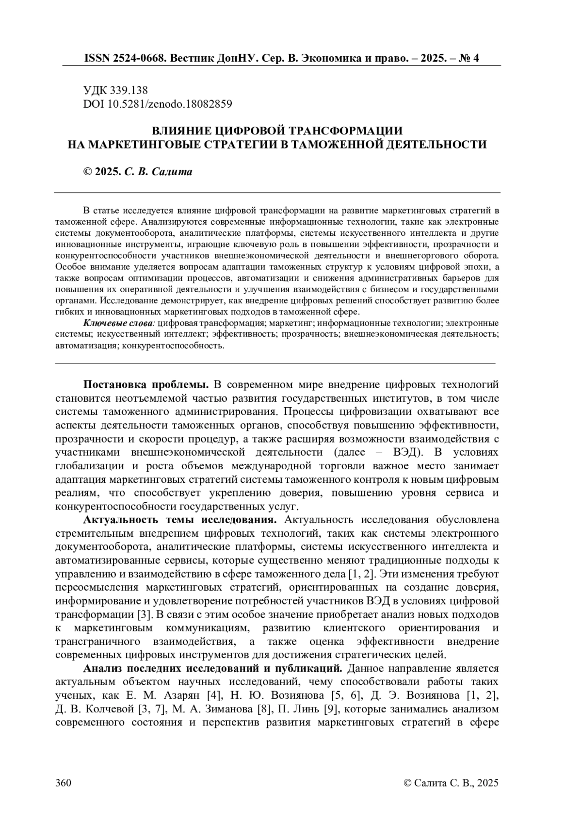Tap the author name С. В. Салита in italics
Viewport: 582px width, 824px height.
[158, 172]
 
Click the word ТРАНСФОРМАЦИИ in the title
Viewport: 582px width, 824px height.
[346, 131]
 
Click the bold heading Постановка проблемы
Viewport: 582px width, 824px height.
[146, 385]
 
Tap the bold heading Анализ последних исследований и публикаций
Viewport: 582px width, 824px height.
[213, 669]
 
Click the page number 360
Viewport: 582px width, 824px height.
[64, 783]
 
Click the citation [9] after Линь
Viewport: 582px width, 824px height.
[331, 709]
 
